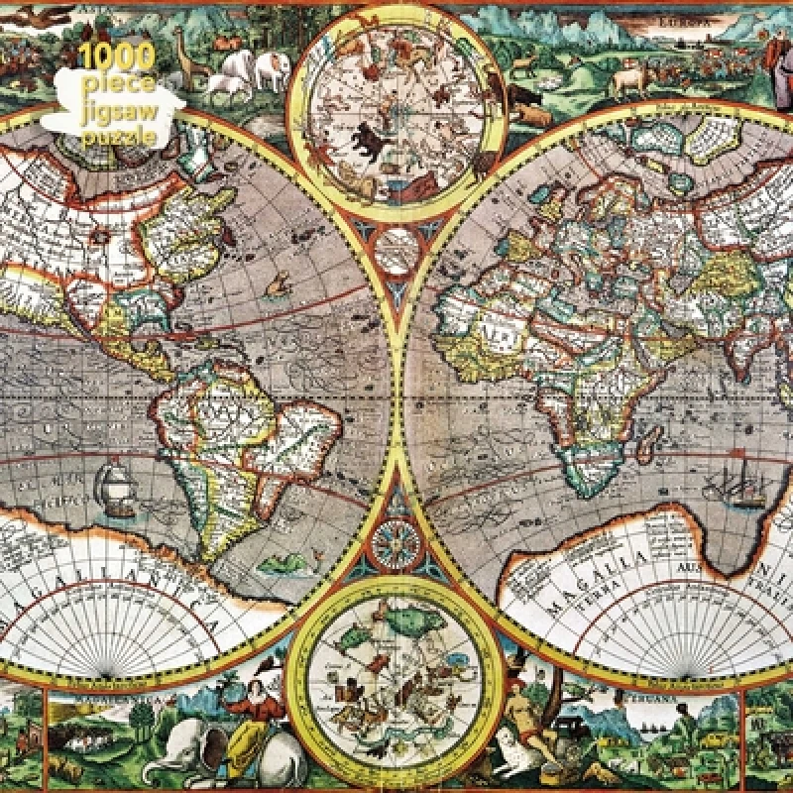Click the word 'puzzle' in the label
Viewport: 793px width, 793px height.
pos(119,138)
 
